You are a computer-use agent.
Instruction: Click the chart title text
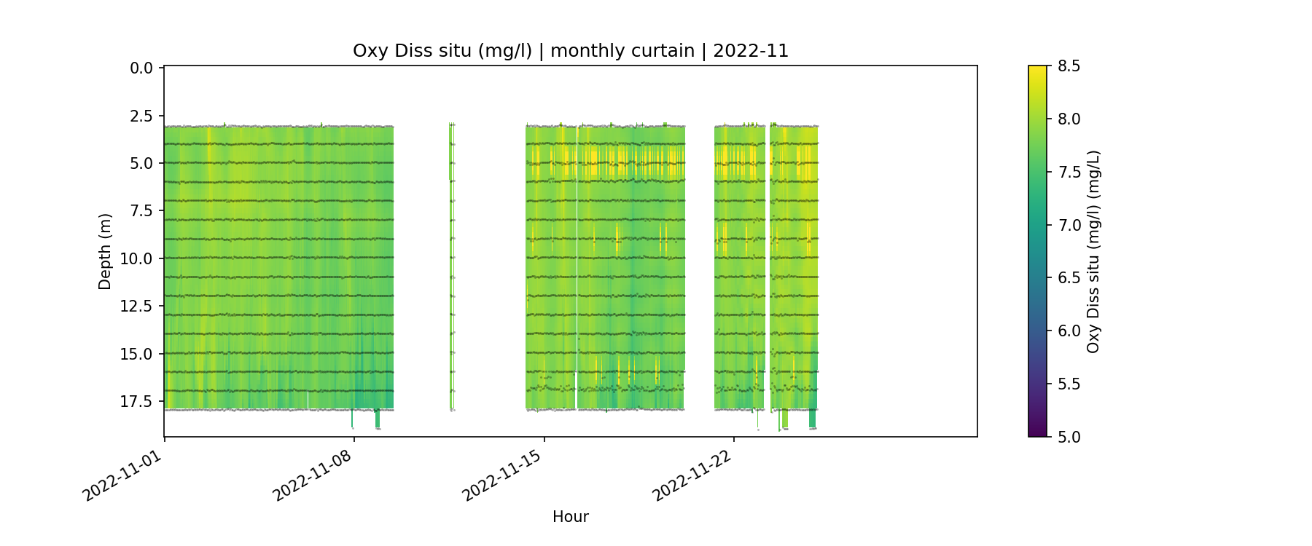point(570,51)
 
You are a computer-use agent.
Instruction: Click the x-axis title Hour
point(570,517)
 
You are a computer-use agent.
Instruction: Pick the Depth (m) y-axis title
point(105,251)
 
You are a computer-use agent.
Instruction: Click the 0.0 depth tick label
point(141,68)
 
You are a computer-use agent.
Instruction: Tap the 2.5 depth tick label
point(141,116)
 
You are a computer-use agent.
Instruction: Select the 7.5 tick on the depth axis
point(141,211)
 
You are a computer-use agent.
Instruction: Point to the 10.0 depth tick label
point(138,259)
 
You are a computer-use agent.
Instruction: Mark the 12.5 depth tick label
point(138,306)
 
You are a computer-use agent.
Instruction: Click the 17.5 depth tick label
point(138,402)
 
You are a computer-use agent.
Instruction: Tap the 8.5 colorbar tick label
point(1069,66)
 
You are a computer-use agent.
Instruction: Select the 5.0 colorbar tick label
point(1069,437)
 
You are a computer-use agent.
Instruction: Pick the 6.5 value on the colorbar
point(1069,278)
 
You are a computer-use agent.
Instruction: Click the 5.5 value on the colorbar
point(1069,384)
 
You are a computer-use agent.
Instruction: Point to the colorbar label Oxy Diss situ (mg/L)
point(1093,251)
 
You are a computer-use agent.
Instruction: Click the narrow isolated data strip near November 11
point(452,266)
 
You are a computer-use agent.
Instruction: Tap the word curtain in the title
point(660,51)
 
